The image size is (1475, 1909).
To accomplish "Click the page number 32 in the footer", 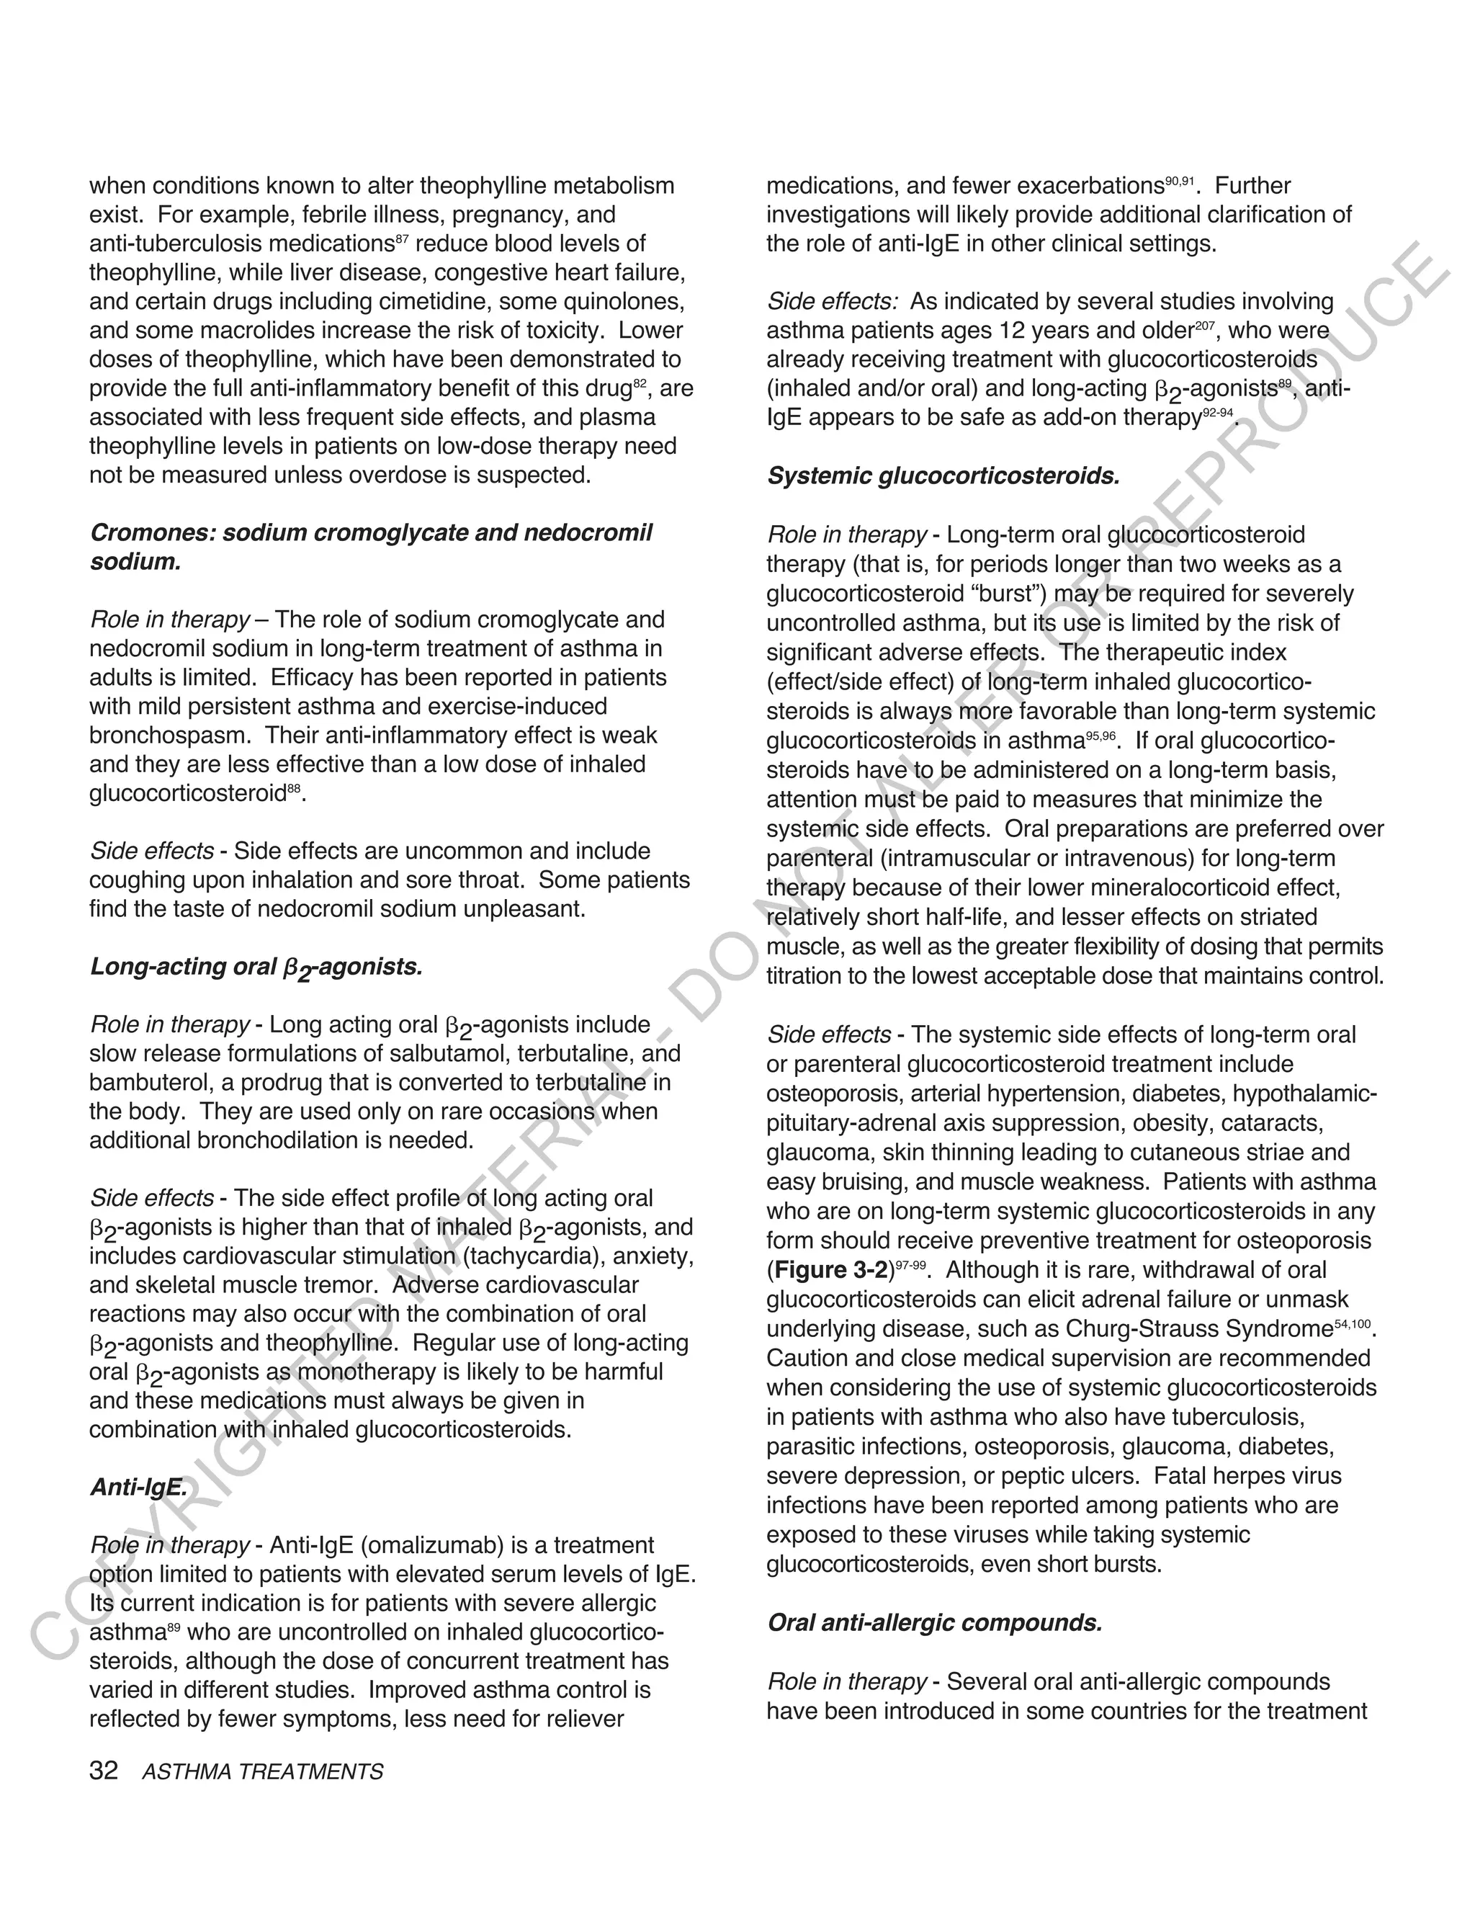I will point(103,1771).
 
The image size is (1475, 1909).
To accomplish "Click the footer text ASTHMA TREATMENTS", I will point(262,1773).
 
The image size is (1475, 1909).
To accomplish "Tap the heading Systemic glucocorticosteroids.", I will point(943,476).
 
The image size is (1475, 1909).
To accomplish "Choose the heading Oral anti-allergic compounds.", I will point(934,1623).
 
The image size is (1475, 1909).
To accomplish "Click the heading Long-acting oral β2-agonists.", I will point(256,967).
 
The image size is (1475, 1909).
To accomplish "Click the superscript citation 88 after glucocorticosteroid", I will point(295,787).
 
